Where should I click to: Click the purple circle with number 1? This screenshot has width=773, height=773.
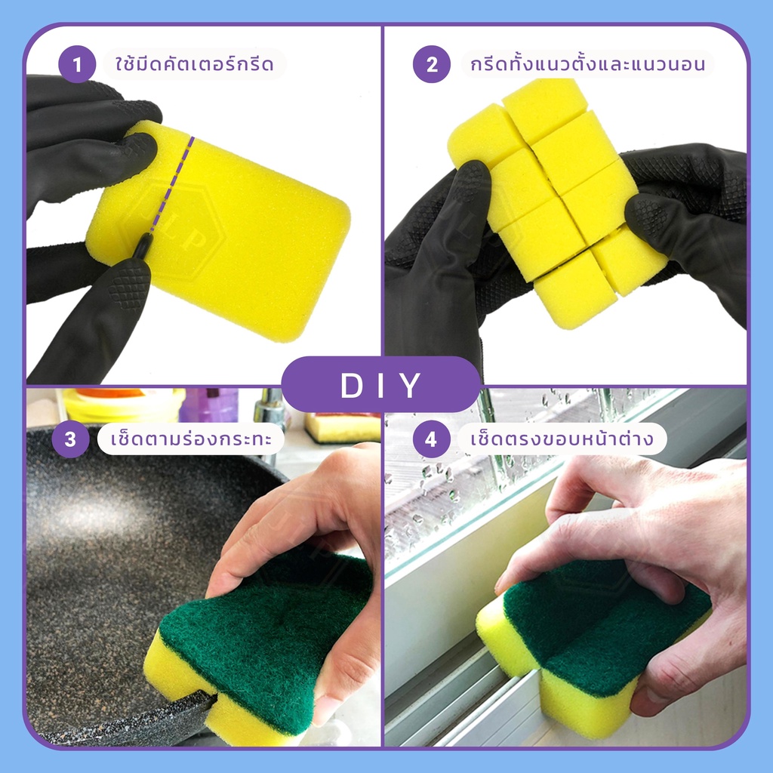(x=77, y=64)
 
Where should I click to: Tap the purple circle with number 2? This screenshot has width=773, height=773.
(x=431, y=64)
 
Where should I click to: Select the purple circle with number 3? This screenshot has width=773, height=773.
(x=70, y=439)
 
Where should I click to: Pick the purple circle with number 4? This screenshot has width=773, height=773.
(x=431, y=439)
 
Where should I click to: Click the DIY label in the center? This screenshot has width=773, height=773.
(x=380, y=384)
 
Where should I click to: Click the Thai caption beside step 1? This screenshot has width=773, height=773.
(x=194, y=64)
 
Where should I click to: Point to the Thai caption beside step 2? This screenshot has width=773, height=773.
(x=587, y=64)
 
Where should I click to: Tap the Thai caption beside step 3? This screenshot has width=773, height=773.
(x=191, y=439)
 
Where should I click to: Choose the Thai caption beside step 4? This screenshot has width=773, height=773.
(x=562, y=439)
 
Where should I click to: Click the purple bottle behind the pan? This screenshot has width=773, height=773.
(x=210, y=405)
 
